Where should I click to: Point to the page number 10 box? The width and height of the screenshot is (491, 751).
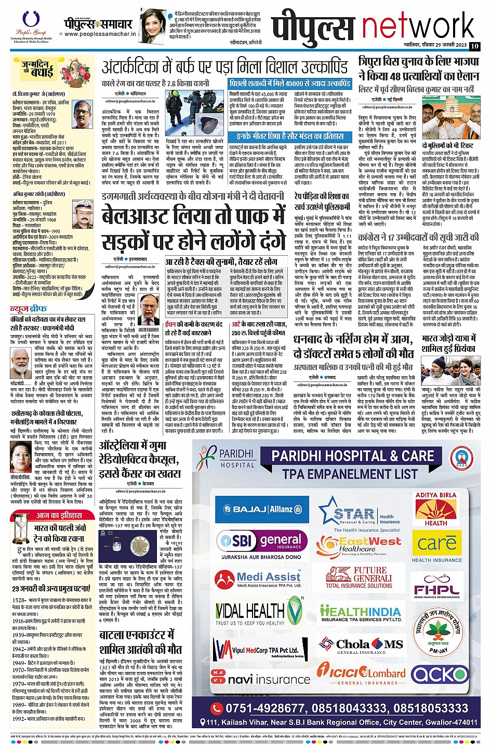point(474,46)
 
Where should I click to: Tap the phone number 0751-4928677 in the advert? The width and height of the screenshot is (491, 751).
point(267,708)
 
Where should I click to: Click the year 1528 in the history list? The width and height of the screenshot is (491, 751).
point(19,600)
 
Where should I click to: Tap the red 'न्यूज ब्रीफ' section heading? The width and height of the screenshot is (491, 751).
point(26,309)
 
